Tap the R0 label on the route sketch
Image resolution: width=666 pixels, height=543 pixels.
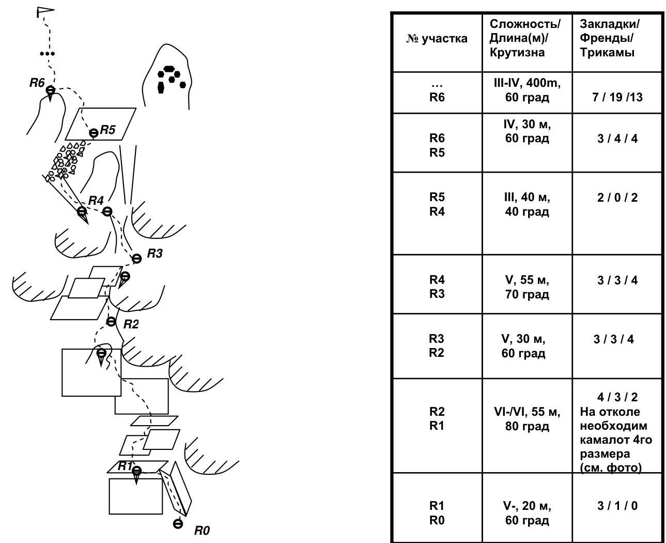tap(202, 530)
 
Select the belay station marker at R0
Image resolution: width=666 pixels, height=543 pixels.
tap(178, 524)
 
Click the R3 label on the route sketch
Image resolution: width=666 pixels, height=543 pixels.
tap(155, 253)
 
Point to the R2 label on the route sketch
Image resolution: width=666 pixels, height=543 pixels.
tap(131, 324)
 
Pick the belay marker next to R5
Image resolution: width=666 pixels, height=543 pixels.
tap(94, 133)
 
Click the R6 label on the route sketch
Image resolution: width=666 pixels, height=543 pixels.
tap(37, 82)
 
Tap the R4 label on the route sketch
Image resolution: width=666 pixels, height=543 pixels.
tap(96, 200)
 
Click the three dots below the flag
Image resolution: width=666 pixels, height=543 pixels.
tap(47, 53)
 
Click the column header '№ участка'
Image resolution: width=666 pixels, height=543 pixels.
tap(437, 39)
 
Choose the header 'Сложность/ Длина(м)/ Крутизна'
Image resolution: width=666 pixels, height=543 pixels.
tap(525, 38)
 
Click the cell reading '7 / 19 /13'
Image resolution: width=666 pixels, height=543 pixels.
tap(617, 97)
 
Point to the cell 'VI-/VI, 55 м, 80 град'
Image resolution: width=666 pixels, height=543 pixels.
tap(527, 419)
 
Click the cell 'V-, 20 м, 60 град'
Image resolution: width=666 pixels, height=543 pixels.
tap(527, 512)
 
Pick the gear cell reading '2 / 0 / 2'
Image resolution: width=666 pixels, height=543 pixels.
tap(617, 198)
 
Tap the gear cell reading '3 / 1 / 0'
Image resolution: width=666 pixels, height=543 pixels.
tap(617, 506)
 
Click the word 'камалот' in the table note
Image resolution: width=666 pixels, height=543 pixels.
tap(602, 440)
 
